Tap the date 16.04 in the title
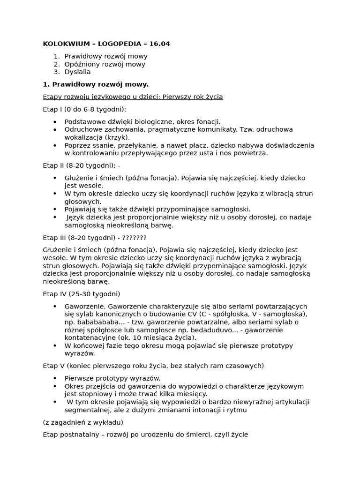point(159,44)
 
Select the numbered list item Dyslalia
point(77,72)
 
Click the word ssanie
point(97,145)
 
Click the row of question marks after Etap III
point(134,238)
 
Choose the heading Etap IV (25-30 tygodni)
point(82,294)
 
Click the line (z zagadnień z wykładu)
point(83,422)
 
